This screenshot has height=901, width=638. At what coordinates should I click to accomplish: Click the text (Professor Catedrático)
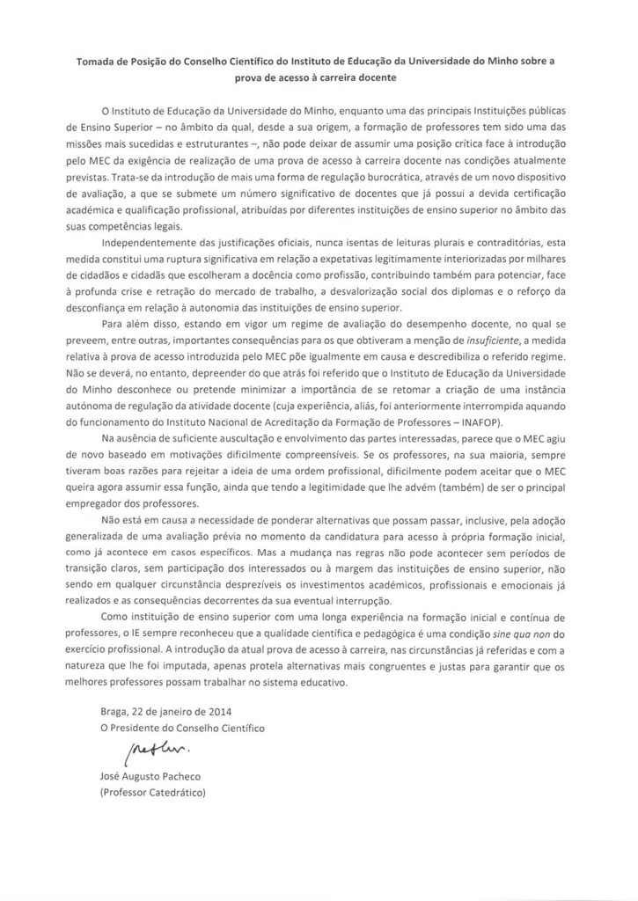(153, 793)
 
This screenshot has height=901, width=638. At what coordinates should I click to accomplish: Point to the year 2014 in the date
(221, 711)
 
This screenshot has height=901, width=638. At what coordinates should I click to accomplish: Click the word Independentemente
(155, 241)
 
